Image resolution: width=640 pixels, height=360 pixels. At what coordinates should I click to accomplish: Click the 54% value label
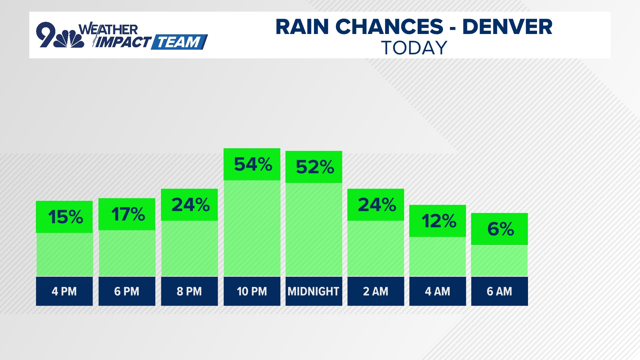[x=252, y=164]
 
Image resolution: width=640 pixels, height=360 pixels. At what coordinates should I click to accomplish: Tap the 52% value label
[x=314, y=167]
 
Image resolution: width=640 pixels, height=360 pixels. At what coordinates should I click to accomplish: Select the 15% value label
[x=65, y=217]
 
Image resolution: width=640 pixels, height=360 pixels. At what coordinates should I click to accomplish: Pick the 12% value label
[x=438, y=221]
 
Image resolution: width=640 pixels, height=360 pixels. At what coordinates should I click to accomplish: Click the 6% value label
[x=500, y=229]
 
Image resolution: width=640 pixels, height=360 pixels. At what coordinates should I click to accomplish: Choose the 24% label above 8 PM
[x=190, y=205]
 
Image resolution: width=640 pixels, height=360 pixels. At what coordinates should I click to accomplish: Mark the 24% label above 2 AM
[x=376, y=205]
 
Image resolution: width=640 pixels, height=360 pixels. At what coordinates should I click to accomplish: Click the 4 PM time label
[x=64, y=291]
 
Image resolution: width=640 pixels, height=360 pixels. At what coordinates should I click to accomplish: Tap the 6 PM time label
[x=127, y=291]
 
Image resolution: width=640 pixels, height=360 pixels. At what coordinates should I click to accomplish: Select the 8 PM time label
[x=189, y=291]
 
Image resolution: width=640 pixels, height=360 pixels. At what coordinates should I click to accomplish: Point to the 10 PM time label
[x=252, y=291]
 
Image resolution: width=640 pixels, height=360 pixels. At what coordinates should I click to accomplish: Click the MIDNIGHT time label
[x=314, y=291]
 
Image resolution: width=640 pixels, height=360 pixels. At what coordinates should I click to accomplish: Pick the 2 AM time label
[x=376, y=291]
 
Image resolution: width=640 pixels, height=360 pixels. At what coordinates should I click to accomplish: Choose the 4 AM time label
[x=438, y=291]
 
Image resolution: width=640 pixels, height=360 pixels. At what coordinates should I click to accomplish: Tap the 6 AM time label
[x=499, y=291]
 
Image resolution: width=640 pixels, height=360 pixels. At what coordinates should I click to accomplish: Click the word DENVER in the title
[x=507, y=27]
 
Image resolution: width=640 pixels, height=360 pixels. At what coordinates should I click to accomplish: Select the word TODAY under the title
[x=414, y=48]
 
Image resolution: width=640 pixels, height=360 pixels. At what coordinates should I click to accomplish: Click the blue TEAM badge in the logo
[x=179, y=42]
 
